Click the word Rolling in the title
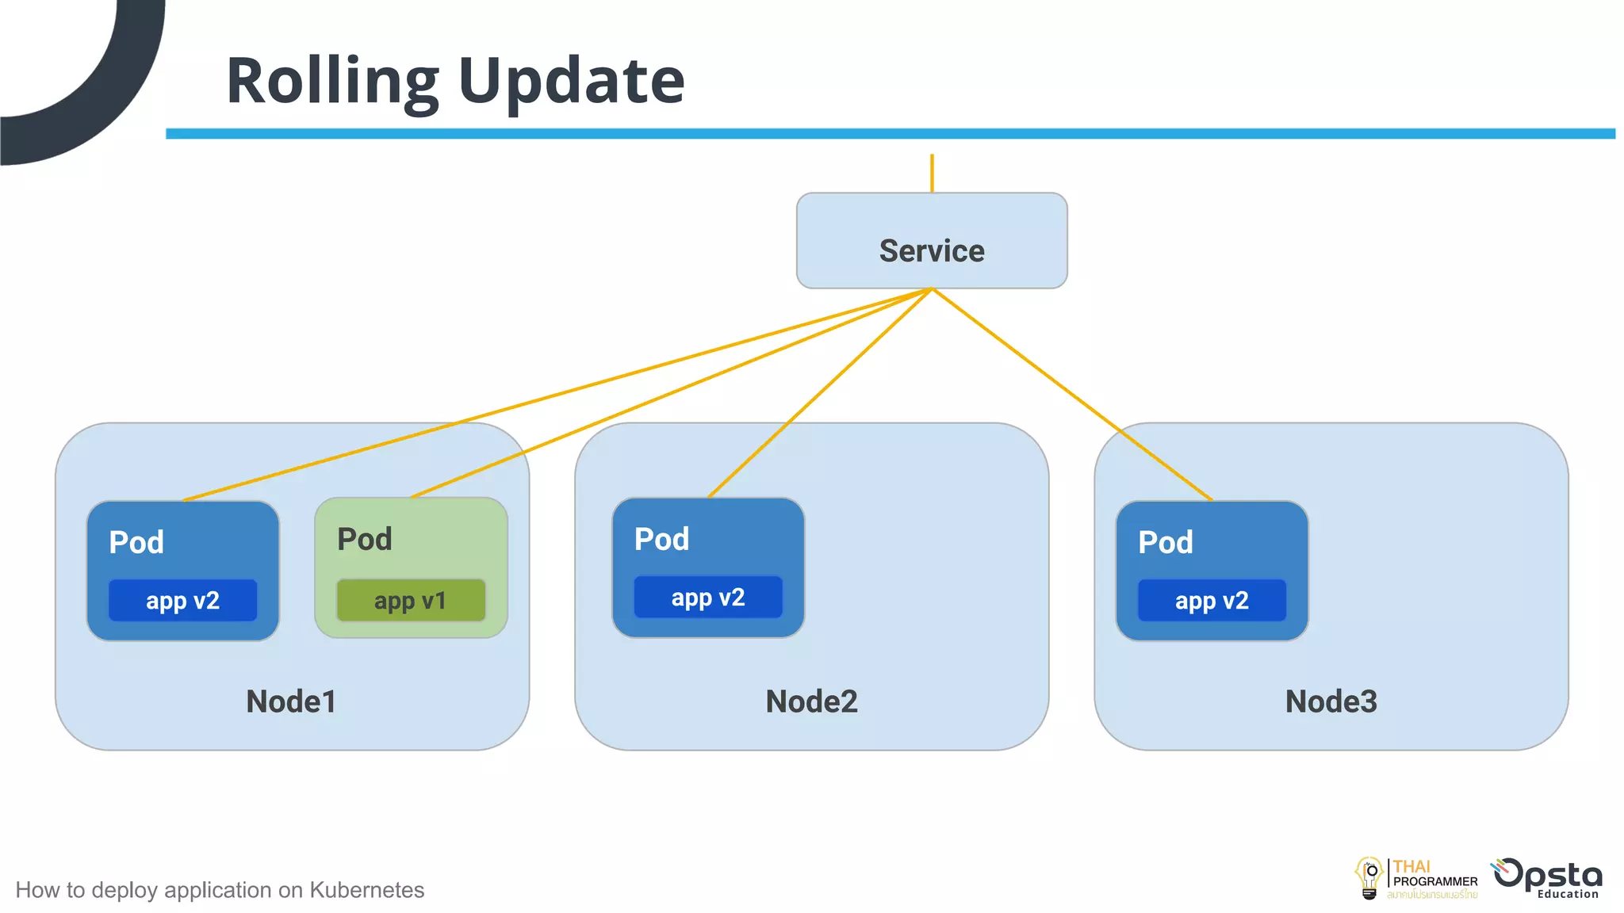tap(332, 81)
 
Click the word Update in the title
tap(571, 81)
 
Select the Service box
tap(932, 241)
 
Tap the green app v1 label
tap(411, 601)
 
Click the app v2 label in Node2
tap(708, 598)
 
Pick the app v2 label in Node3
tap(1212, 601)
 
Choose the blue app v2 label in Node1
tap(183, 601)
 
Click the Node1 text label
tap(291, 701)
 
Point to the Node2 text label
tap(811, 701)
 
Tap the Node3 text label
tap(1331, 701)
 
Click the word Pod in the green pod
tap(365, 540)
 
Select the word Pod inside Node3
tap(1165, 543)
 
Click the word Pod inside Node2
tap(661, 540)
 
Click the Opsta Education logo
tap(1548, 878)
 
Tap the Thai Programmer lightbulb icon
tap(1369, 878)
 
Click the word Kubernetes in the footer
tap(366, 890)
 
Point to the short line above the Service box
tap(932, 173)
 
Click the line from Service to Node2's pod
tap(821, 393)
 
